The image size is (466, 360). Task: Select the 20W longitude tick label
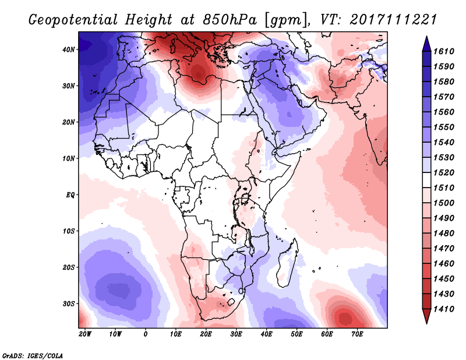pyautogui.click(x=84, y=334)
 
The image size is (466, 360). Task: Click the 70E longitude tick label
pyautogui.click(x=357, y=334)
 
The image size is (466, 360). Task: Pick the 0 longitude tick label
pyautogui.click(x=145, y=334)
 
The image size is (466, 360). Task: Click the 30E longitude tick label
pyautogui.click(x=236, y=334)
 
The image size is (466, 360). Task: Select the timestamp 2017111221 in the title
pyautogui.click(x=394, y=20)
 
